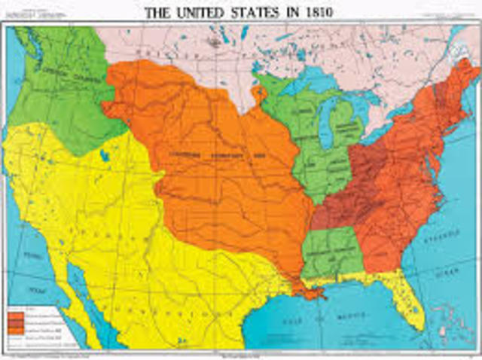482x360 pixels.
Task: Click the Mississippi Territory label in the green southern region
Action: (331, 256)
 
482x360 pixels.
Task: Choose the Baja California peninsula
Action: (72, 301)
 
